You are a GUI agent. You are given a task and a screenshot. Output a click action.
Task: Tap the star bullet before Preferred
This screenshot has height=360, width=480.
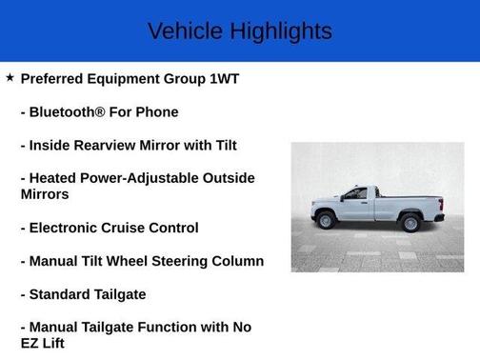click(x=10, y=77)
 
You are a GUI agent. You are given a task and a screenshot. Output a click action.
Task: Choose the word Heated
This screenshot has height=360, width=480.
click(x=55, y=178)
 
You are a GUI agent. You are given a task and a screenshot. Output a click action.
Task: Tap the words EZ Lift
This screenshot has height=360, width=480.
click(x=42, y=343)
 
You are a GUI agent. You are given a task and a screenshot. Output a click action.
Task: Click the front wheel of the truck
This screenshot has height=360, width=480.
click(x=327, y=221)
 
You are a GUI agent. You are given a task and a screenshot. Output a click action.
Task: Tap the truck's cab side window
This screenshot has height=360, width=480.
click(x=356, y=194)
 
